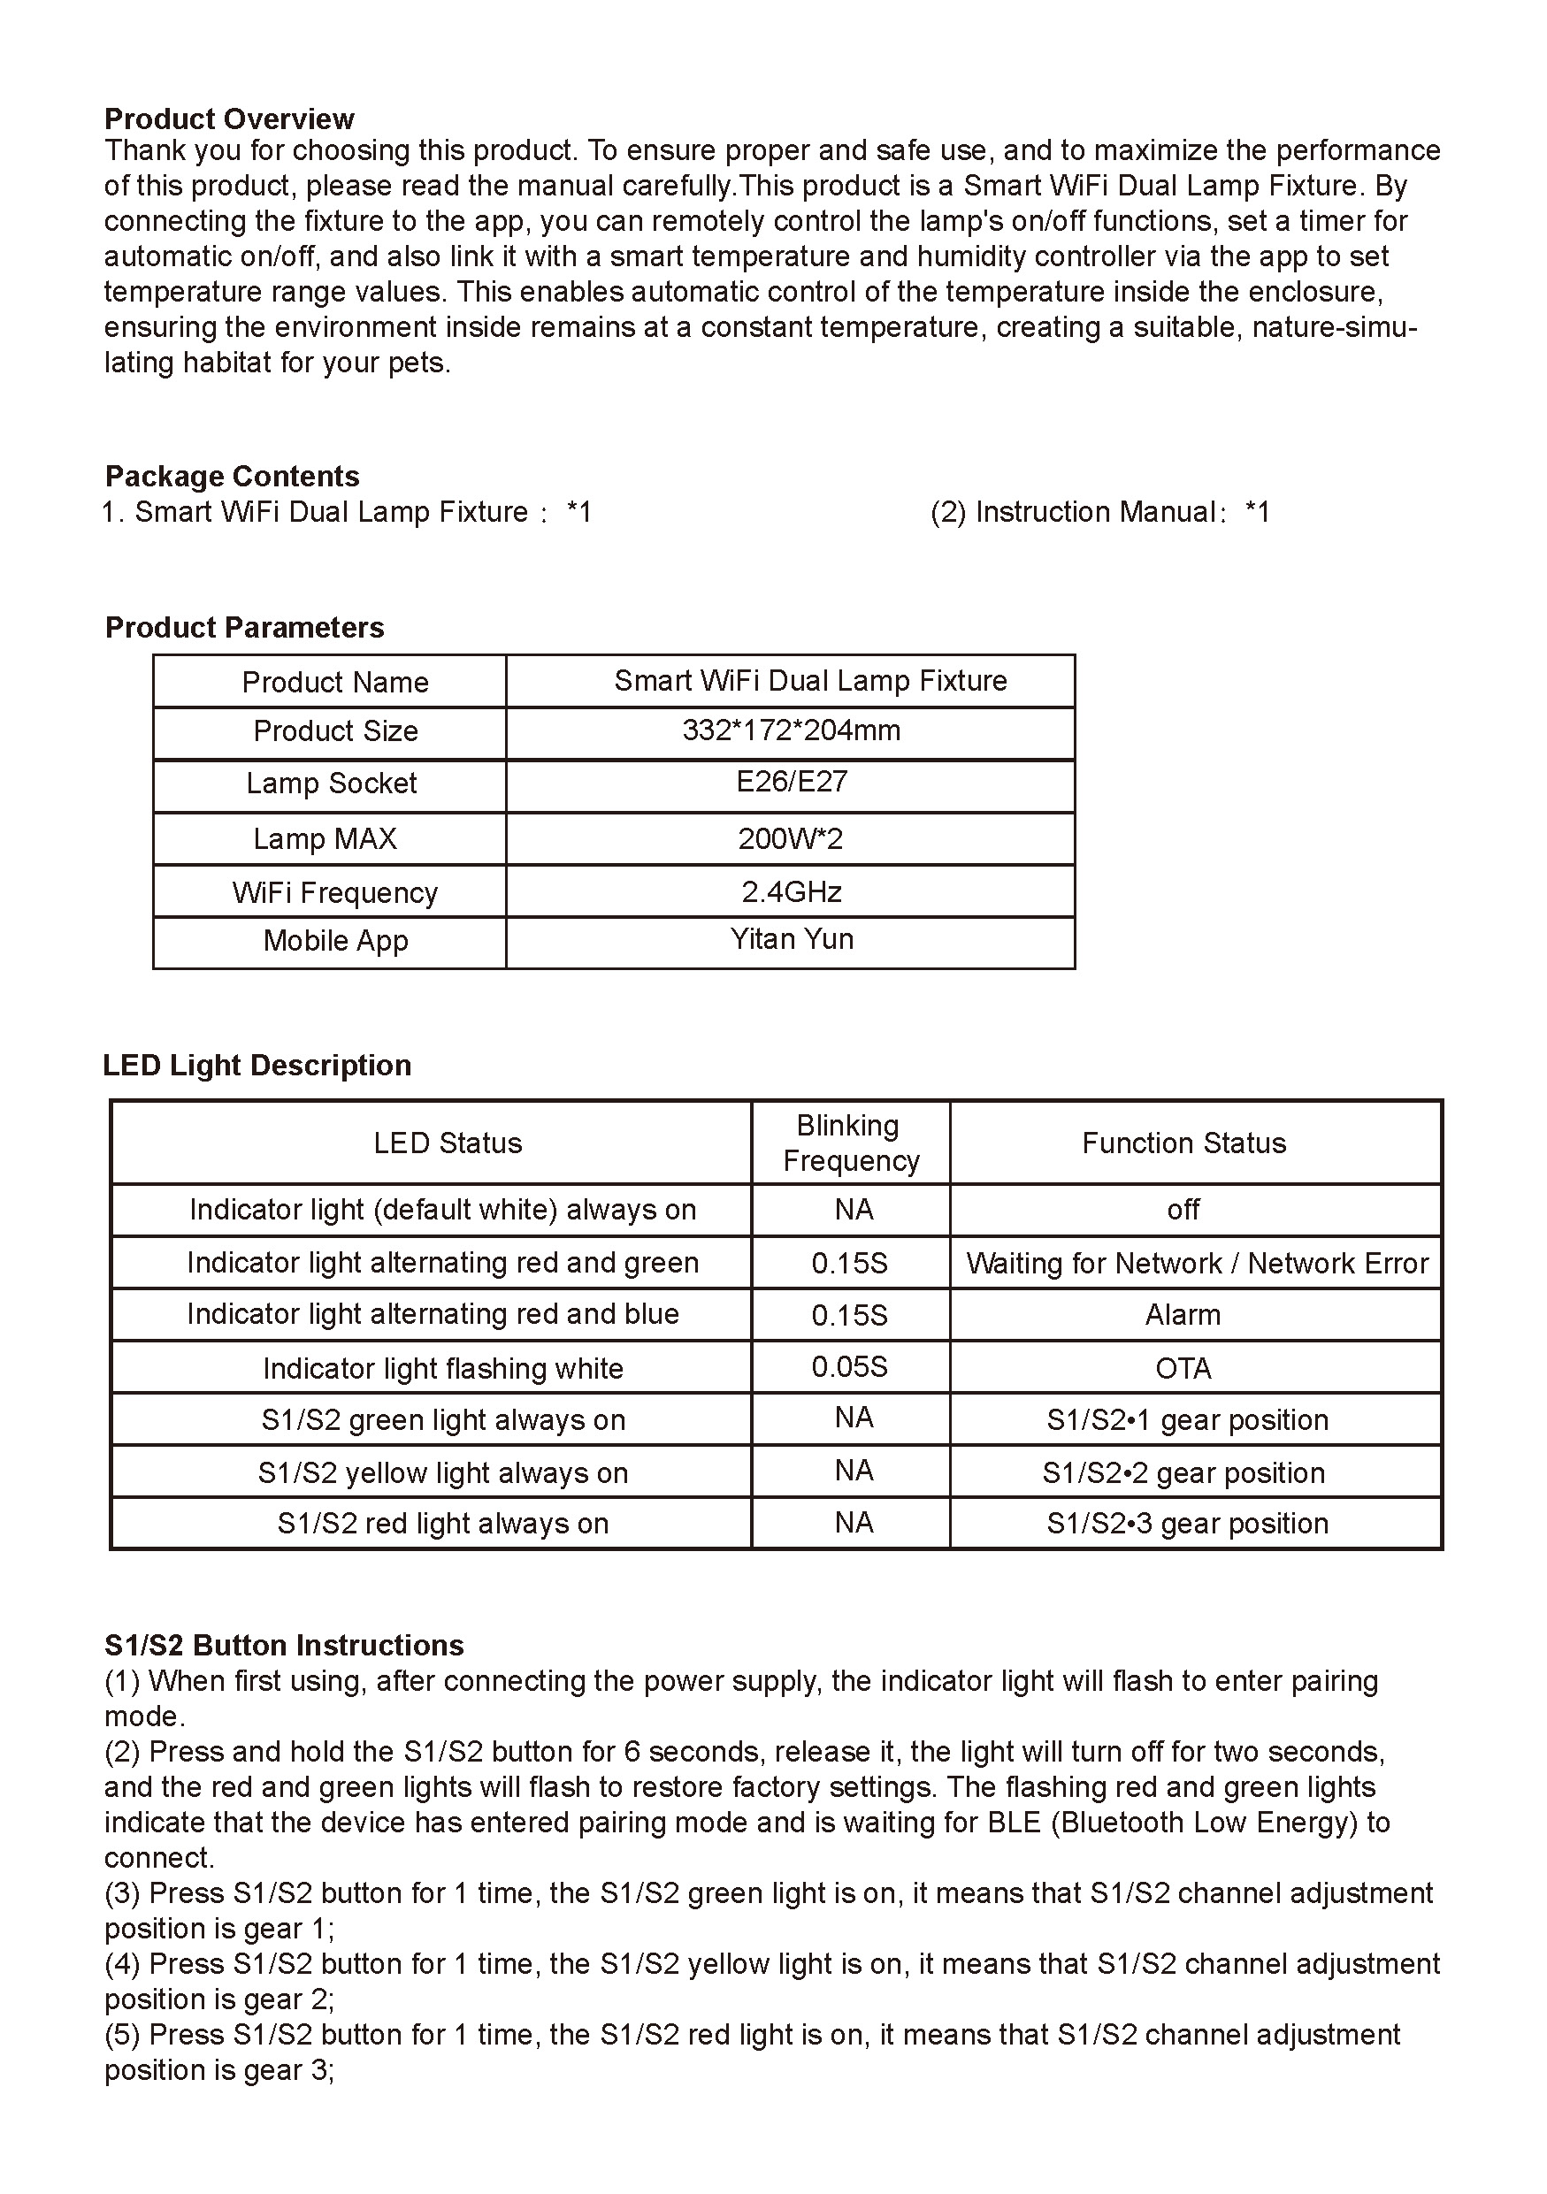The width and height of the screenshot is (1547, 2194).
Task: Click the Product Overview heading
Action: tap(228, 119)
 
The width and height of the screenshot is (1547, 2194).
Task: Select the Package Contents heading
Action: tap(233, 476)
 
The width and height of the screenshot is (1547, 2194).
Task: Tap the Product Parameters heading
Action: tap(245, 628)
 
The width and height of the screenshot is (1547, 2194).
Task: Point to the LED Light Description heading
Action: tap(257, 1066)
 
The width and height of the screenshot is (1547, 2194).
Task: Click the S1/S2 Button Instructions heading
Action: tap(284, 1646)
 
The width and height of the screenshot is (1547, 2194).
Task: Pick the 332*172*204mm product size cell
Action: tap(791, 731)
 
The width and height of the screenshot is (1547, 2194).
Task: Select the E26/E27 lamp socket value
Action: tap(791, 783)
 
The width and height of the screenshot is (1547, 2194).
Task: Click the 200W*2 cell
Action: tap(790, 839)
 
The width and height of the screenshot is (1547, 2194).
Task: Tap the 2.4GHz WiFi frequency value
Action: tap(791, 892)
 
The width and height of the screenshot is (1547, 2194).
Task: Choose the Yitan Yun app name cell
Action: tap(791, 939)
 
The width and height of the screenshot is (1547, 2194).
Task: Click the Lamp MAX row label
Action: tap(325, 839)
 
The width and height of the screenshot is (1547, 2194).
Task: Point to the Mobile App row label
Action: tap(335, 941)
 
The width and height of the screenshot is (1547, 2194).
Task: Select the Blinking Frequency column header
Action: tap(850, 1143)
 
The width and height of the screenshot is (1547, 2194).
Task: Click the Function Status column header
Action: tap(1183, 1143)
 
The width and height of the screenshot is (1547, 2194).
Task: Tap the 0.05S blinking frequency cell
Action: tap(849, 1367)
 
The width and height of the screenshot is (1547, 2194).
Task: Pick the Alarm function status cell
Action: tap(1183, 1316)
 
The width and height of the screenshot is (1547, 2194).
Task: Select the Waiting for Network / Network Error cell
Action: tap(1197, 1264)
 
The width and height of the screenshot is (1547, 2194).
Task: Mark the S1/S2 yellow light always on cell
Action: tap(442, 1472)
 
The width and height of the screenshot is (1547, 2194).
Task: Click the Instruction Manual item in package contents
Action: tap(1099, 513)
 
